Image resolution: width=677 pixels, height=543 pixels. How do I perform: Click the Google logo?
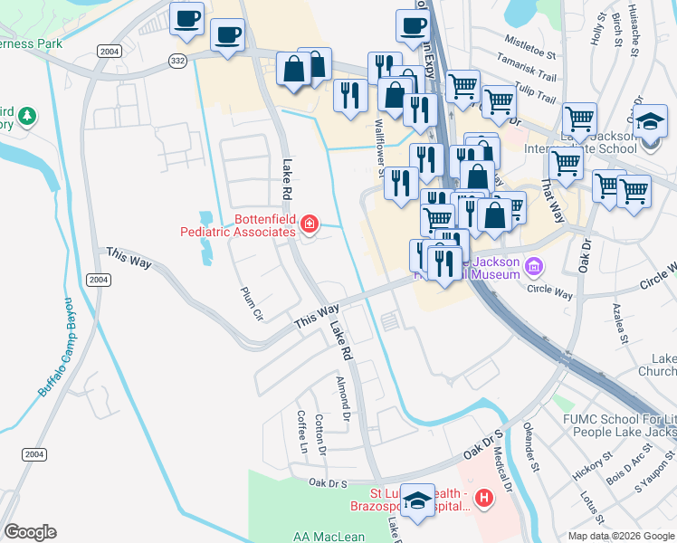coord(29,532)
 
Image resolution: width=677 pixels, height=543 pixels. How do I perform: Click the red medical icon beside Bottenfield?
coord(310,223)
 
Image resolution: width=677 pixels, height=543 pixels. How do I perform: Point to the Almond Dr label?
coord(343,399)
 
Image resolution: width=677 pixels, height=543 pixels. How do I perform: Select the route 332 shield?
coord(176,60)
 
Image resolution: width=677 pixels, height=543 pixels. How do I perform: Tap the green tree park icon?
coord(28,115)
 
